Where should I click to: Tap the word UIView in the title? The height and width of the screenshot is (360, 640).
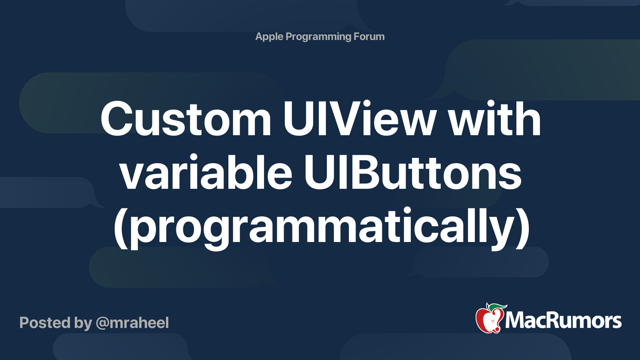point(359,119)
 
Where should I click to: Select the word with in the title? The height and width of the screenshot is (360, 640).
point(494,119)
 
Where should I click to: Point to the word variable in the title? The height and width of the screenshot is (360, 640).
point(206,173)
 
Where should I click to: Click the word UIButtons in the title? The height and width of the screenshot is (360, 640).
point(412,173)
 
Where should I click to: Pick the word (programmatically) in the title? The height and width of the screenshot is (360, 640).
point(322,227)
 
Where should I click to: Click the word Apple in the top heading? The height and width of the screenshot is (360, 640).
point(269,37)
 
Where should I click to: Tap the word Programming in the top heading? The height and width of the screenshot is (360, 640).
point(318,37)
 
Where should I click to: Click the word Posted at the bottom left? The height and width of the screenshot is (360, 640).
point(45,323)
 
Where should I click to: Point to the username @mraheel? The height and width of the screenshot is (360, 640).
point(132,323)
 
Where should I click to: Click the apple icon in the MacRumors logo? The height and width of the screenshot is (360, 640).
point(489,319)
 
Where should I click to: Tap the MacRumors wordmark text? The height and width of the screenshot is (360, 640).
point(563,321)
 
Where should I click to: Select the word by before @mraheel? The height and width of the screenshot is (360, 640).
point(83,323)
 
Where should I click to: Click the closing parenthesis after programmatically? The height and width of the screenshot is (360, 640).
point(522,227)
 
